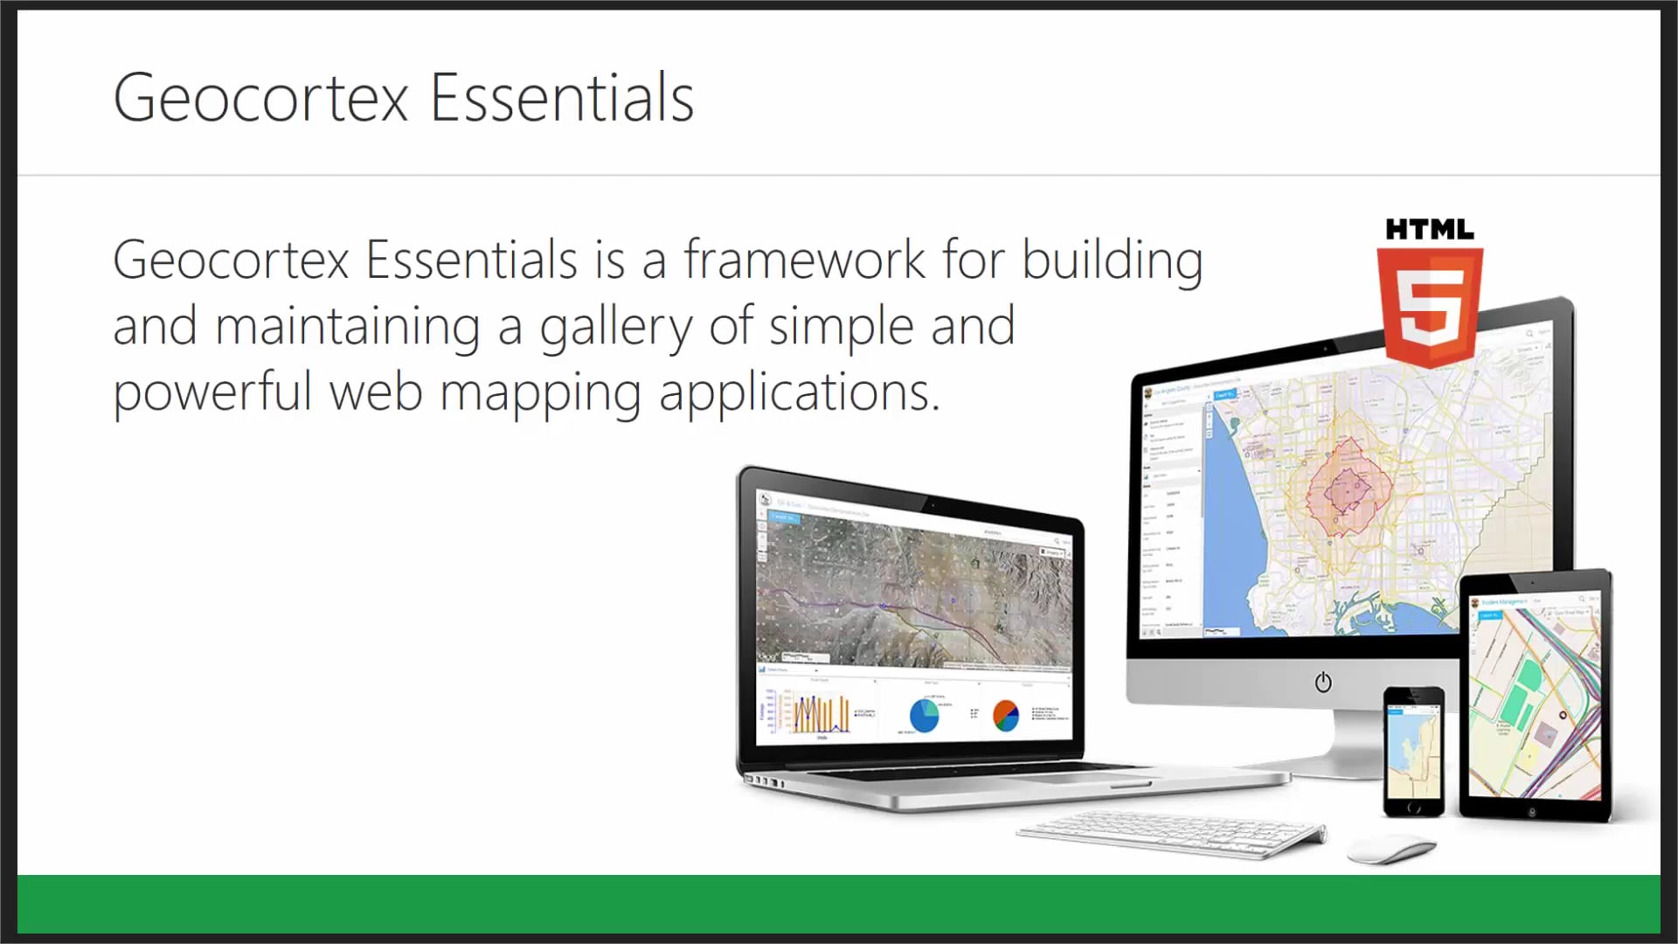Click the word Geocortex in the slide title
point(260,98)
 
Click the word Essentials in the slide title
point(562,98)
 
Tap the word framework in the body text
point(804,260)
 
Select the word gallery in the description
point(615,327)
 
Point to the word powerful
point(212,392)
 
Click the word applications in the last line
point(799,392)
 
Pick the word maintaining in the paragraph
point(347,326)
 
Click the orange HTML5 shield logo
point(1430,306)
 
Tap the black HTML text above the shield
point(1430,230)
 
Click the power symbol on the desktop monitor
point(1323,682)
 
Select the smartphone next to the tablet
point(1413,752)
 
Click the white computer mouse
point(1390,847)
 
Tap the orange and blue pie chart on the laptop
point(1006,715)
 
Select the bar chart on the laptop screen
point(820,714)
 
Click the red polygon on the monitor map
point(1347,489)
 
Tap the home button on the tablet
point(1532,812)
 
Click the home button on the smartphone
point(1413,808)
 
